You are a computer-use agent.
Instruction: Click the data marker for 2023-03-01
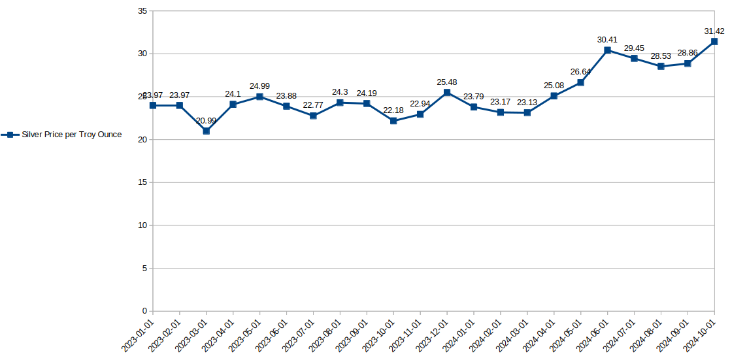(206, 131)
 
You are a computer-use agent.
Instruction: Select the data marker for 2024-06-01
(607, 50)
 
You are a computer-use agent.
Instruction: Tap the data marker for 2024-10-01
(714, 41)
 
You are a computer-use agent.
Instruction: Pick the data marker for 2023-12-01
(447, 92)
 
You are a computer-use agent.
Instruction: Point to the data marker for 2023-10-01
(393, 121)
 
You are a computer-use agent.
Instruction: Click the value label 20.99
(206, 120)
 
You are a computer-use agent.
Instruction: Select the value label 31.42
(714, 31)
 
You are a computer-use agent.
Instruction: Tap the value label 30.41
(607, 40)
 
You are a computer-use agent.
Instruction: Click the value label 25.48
(447, 82)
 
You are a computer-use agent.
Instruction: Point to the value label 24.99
(259, 86)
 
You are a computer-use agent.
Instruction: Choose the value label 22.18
(393, 110)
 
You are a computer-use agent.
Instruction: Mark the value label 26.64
(580, 72)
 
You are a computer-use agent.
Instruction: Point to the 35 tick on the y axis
(142, 11)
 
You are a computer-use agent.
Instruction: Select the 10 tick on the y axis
(142, 225)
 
